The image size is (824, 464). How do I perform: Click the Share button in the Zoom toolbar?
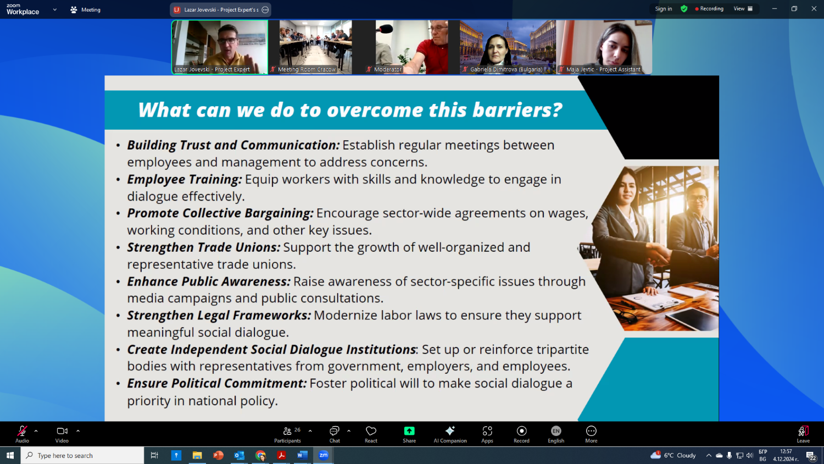(409, 434)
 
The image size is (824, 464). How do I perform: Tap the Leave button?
(803, 434)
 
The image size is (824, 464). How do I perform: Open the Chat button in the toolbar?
(335, 434)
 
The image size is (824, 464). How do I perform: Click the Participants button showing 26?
(287, 434)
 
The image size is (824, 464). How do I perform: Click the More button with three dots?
(591, 434)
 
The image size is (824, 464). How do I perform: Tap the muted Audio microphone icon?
(22, 431)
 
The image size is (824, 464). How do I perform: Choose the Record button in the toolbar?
(521, 434)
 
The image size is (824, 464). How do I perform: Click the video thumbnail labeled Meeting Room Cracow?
(316, 47)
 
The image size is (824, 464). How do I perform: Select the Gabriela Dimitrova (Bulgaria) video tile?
(508, 47)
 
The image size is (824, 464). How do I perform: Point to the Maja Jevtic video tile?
(604, 47)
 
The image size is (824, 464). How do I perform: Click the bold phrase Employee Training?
(184, 179)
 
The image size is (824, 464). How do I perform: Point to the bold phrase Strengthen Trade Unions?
(203, 247)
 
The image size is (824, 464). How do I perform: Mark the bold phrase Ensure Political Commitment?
(216, 383)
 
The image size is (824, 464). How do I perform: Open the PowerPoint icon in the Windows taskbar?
(218, 456)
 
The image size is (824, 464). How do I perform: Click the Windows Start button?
(10, 456)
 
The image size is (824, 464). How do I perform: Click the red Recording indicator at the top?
(709, 9)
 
